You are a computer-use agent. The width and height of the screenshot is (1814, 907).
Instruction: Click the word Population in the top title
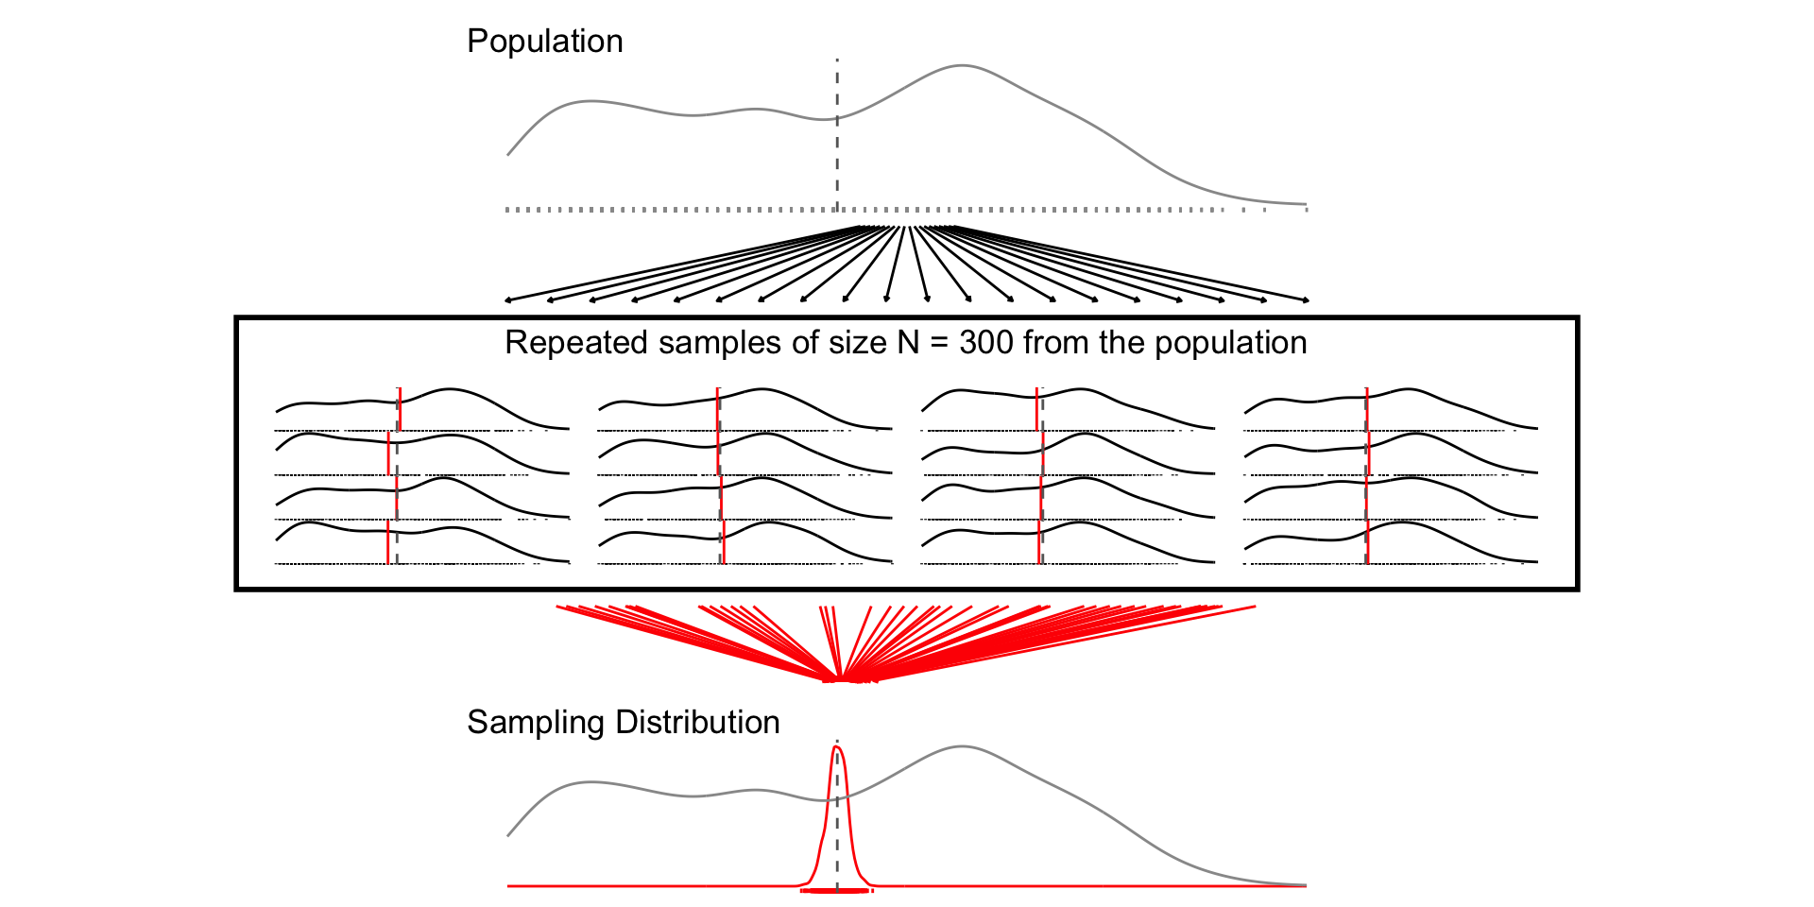pos(544,42)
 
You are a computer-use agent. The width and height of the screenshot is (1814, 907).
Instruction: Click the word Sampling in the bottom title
pos(536,723)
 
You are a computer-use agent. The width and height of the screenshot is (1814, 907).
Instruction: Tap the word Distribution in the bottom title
pos(697,722)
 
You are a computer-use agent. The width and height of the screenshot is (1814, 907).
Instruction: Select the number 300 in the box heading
pos(986,342)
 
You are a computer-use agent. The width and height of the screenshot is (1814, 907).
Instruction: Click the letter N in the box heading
pos(908,342)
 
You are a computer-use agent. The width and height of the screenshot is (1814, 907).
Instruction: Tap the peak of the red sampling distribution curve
pos(837,747)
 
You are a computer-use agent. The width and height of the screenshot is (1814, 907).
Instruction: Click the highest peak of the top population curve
pos(961,65)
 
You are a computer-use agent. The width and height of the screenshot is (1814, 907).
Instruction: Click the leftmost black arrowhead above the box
pos(508,300)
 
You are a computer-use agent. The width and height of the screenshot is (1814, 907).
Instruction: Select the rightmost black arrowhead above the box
pos(1306,300)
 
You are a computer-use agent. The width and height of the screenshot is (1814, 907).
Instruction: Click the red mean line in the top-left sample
pos(400,409)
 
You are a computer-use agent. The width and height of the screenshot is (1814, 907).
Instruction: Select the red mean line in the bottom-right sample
pos(1367,543)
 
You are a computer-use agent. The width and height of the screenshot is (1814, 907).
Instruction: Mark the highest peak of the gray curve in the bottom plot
pos(961,747)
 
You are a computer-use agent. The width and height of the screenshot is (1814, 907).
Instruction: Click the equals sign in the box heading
pos(939,342)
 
